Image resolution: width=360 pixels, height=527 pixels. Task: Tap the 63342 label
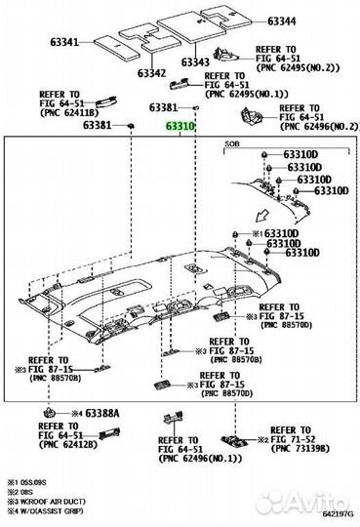[x=151, y=73]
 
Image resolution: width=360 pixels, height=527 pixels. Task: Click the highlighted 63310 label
[x=180, y=127]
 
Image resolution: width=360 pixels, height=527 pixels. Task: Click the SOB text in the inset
[x=230, y=142]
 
